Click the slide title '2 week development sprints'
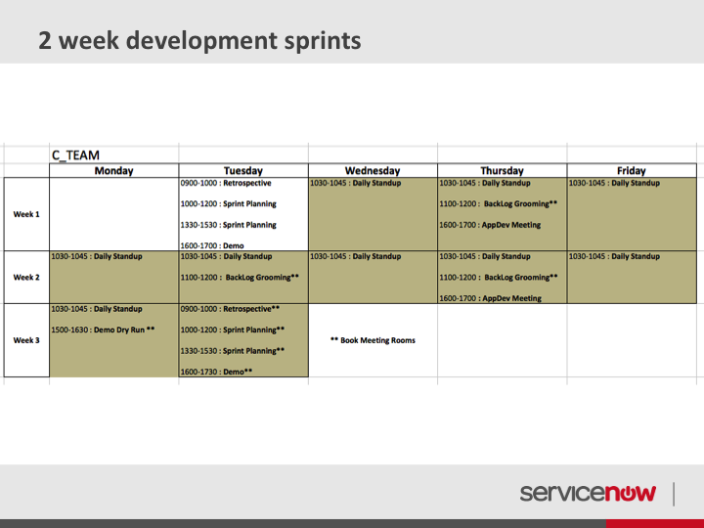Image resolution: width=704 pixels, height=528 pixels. click(x=199, y=41)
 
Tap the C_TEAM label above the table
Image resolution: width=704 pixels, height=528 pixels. click(x=75, y=155)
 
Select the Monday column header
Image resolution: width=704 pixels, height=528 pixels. click(x=114, y=170)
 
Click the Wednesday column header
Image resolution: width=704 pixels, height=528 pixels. click(x=373, y=170)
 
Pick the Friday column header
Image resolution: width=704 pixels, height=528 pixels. click(x=632, y=170)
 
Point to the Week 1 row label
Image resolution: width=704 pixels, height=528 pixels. click(x=26, y=214)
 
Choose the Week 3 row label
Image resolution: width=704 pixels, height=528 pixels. click(x=26, y=340)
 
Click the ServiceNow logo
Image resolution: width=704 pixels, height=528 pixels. click(x=588, y=493)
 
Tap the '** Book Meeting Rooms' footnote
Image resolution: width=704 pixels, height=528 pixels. click(x=373, y=340)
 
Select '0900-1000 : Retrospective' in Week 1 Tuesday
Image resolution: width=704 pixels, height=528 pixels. click(x=226, y=183)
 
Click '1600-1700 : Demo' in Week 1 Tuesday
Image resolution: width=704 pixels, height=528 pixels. click(x=212, y=245)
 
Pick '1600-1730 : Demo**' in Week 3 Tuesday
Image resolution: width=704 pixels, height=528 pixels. click(x=216, y=372)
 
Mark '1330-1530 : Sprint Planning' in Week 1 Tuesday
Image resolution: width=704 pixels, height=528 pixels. click(x=229, y=225)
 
